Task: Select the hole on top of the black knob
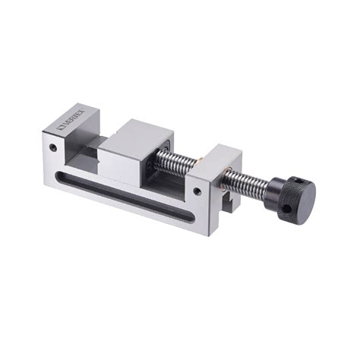tap(304, 185)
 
